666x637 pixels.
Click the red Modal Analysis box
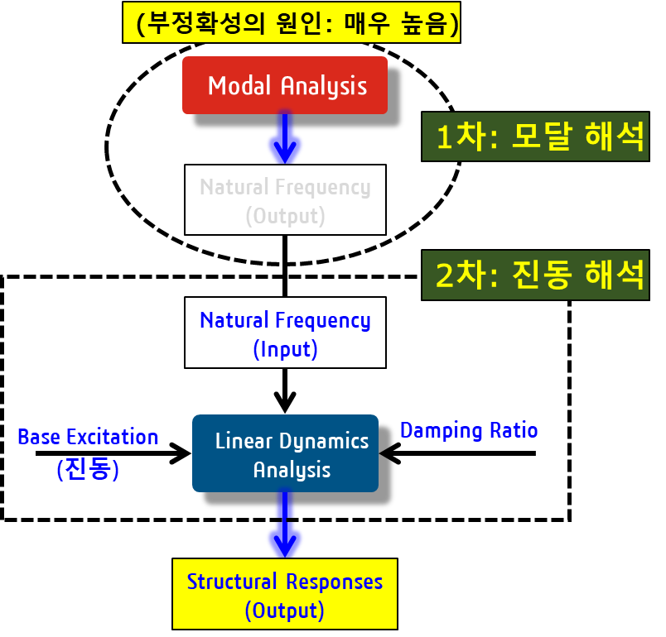click(x=285, y=85)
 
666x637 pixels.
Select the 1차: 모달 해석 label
click(x=535, y=136)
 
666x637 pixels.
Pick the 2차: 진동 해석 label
click(x=535, y=275)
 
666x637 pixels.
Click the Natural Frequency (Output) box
click(x=285, y=200)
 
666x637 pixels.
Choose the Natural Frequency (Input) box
click(x=285, y=333)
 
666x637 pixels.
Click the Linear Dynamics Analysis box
click(x=285, y=454)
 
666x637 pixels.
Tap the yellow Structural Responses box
click(x=285, y=595)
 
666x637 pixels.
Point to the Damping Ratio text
click(x=469, y=430)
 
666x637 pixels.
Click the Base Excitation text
click(x=88, y=437)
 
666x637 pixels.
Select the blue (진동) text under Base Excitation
click(x=88, y=469)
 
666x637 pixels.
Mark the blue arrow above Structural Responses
click(x=285, y=529)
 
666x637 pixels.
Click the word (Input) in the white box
click(x=285, y=349)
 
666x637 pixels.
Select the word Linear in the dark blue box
click(x=241, y=441)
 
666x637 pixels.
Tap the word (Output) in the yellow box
click(x=284, y=611)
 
